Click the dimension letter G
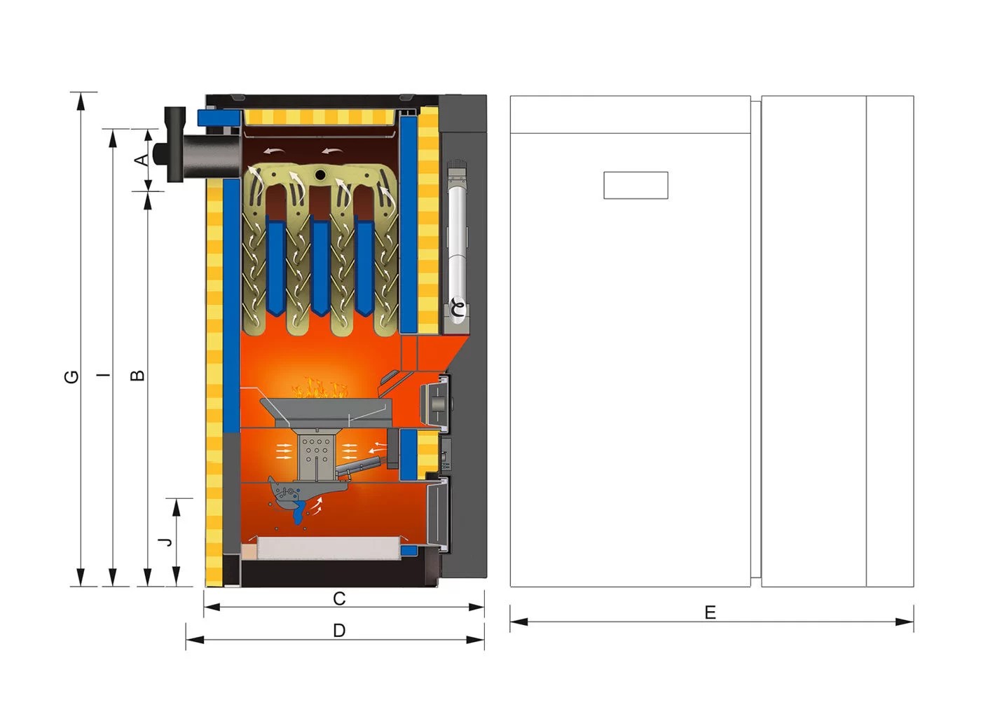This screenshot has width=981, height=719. coord(71,377)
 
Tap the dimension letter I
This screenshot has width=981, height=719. coord(104,376)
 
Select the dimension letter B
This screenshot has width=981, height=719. coord(139,376)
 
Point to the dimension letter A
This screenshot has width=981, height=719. coord(142,160)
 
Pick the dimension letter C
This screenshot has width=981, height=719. coord(339,599)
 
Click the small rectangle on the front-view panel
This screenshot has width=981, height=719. coord(636,185)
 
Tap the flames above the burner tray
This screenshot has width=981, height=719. coord(320,388)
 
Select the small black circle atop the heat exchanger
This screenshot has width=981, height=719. coord(320,174)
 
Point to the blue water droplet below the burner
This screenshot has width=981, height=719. coord(300,516)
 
